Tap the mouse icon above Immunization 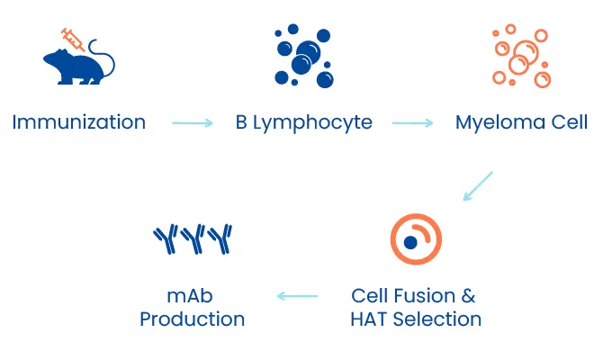click(x=78, y=64)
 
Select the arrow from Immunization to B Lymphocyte click(x=192, y=123)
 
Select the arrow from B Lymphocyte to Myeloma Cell click(x=413, y=123)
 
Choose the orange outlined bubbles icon click(x=520, y=57)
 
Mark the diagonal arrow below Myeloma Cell click(x=478, y=185)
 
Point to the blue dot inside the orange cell click(x=410, y=242)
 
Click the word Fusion click(x=422, y=296)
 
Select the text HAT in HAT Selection click(x=367, y=319)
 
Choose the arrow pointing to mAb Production click(x=297, y=295)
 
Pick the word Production click(x=192, y=319)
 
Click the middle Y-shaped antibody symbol click(x=193, y=238)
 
